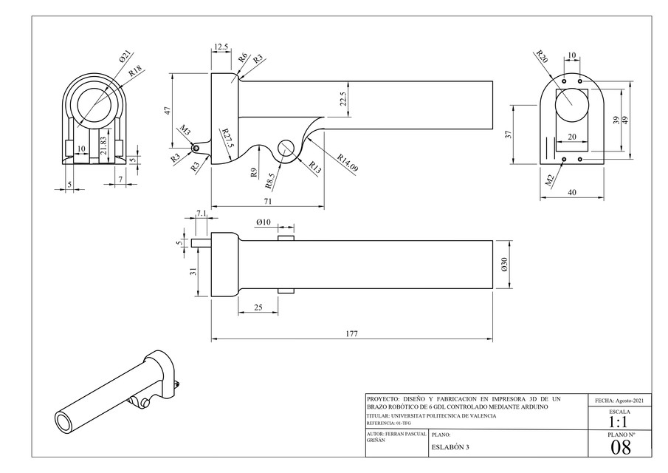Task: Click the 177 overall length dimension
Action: [x=351, y=334]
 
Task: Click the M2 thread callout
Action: [x=549, y=177]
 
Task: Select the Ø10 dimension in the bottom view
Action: [x=264, y=222]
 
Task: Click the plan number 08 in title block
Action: [x=621, y=446]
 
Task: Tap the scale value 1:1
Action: [x=619, y=421]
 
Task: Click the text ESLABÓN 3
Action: [x=450, y=447]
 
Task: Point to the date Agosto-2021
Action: [x=620, y=400]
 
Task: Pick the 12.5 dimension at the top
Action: [x=221, y=47]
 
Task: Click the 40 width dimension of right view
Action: [x=573, y=192]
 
